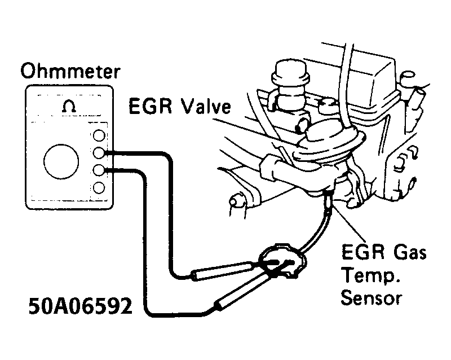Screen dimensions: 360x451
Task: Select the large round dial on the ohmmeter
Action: click(59, 160)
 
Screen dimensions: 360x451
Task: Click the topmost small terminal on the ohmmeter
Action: click(99, 135)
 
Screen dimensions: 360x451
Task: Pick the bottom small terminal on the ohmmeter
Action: click(99, 187)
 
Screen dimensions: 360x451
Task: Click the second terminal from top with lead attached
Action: click(99, 152)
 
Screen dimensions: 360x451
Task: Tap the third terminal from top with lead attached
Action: click(99, 170)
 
